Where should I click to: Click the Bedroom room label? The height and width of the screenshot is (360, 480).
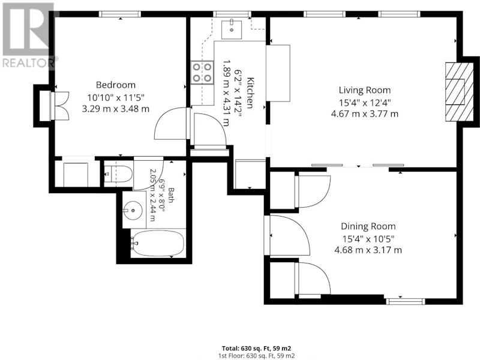116,85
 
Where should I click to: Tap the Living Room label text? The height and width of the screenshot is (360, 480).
365,90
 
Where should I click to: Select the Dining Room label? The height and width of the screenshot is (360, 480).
368,226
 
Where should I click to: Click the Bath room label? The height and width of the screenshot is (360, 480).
171,196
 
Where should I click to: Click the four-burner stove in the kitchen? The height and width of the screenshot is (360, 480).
202,73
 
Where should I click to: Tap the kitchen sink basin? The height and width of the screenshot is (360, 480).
232,29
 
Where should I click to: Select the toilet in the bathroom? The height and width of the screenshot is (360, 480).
118,174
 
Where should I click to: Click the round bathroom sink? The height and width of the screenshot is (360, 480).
133,211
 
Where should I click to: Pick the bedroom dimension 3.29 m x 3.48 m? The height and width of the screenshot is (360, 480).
116,109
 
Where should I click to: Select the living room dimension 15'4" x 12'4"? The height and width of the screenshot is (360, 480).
365,102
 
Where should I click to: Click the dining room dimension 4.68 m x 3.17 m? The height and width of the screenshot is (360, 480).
368,250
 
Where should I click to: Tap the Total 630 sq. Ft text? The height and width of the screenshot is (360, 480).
257,348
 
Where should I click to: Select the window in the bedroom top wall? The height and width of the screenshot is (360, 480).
120,14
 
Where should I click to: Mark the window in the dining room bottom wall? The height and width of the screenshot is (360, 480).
406,301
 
